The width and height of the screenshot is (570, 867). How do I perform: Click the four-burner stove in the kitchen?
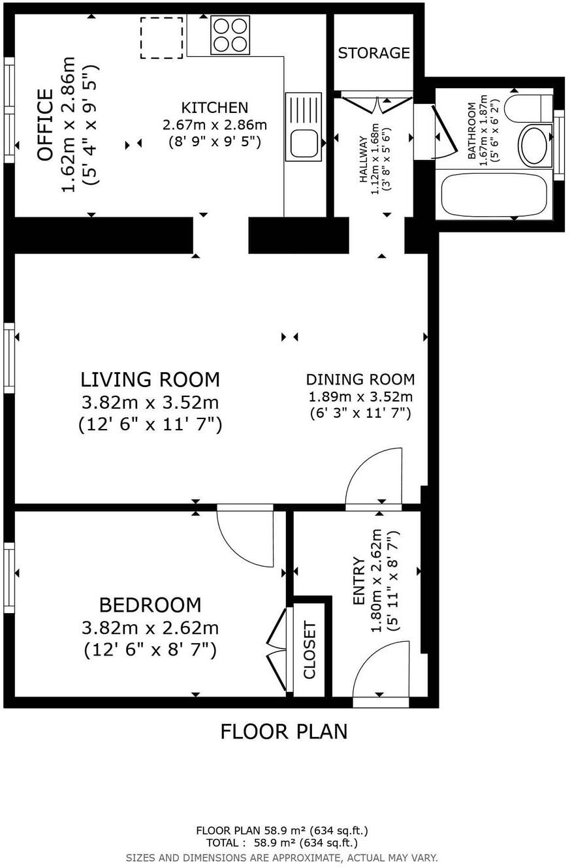pyautogui.click(x=230, y=35)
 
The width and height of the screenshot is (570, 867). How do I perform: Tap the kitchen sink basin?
pyautogui.click(x=304, y=143)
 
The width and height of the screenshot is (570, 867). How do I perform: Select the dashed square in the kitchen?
pyautogui.click(x=161, y=38)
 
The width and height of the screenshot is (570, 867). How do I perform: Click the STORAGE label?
pyautogui.click(x=374, y=53)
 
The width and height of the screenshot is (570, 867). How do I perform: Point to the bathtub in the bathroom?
pyautogui.click(x=494, y=194)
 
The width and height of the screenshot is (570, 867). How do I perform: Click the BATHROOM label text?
pyautogui.click(x=471, y=131)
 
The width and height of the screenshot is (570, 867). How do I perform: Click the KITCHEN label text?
pyautogui.click(x=215, y=108)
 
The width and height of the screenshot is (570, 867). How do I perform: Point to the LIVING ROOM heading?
pyautogui.click(x=150, y=379)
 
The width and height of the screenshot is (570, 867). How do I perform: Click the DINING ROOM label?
pyautogui.click(x=360, y=379)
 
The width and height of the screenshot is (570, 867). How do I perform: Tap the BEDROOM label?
pyautogui.click(x=150, y=605)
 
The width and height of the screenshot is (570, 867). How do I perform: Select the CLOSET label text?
pyautogui.click(x=309, y=650)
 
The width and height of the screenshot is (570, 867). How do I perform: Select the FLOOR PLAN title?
pyautogui.click(x=284, y=732)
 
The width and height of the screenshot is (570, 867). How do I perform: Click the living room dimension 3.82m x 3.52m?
pyautogui.click(x=150, y=402)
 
